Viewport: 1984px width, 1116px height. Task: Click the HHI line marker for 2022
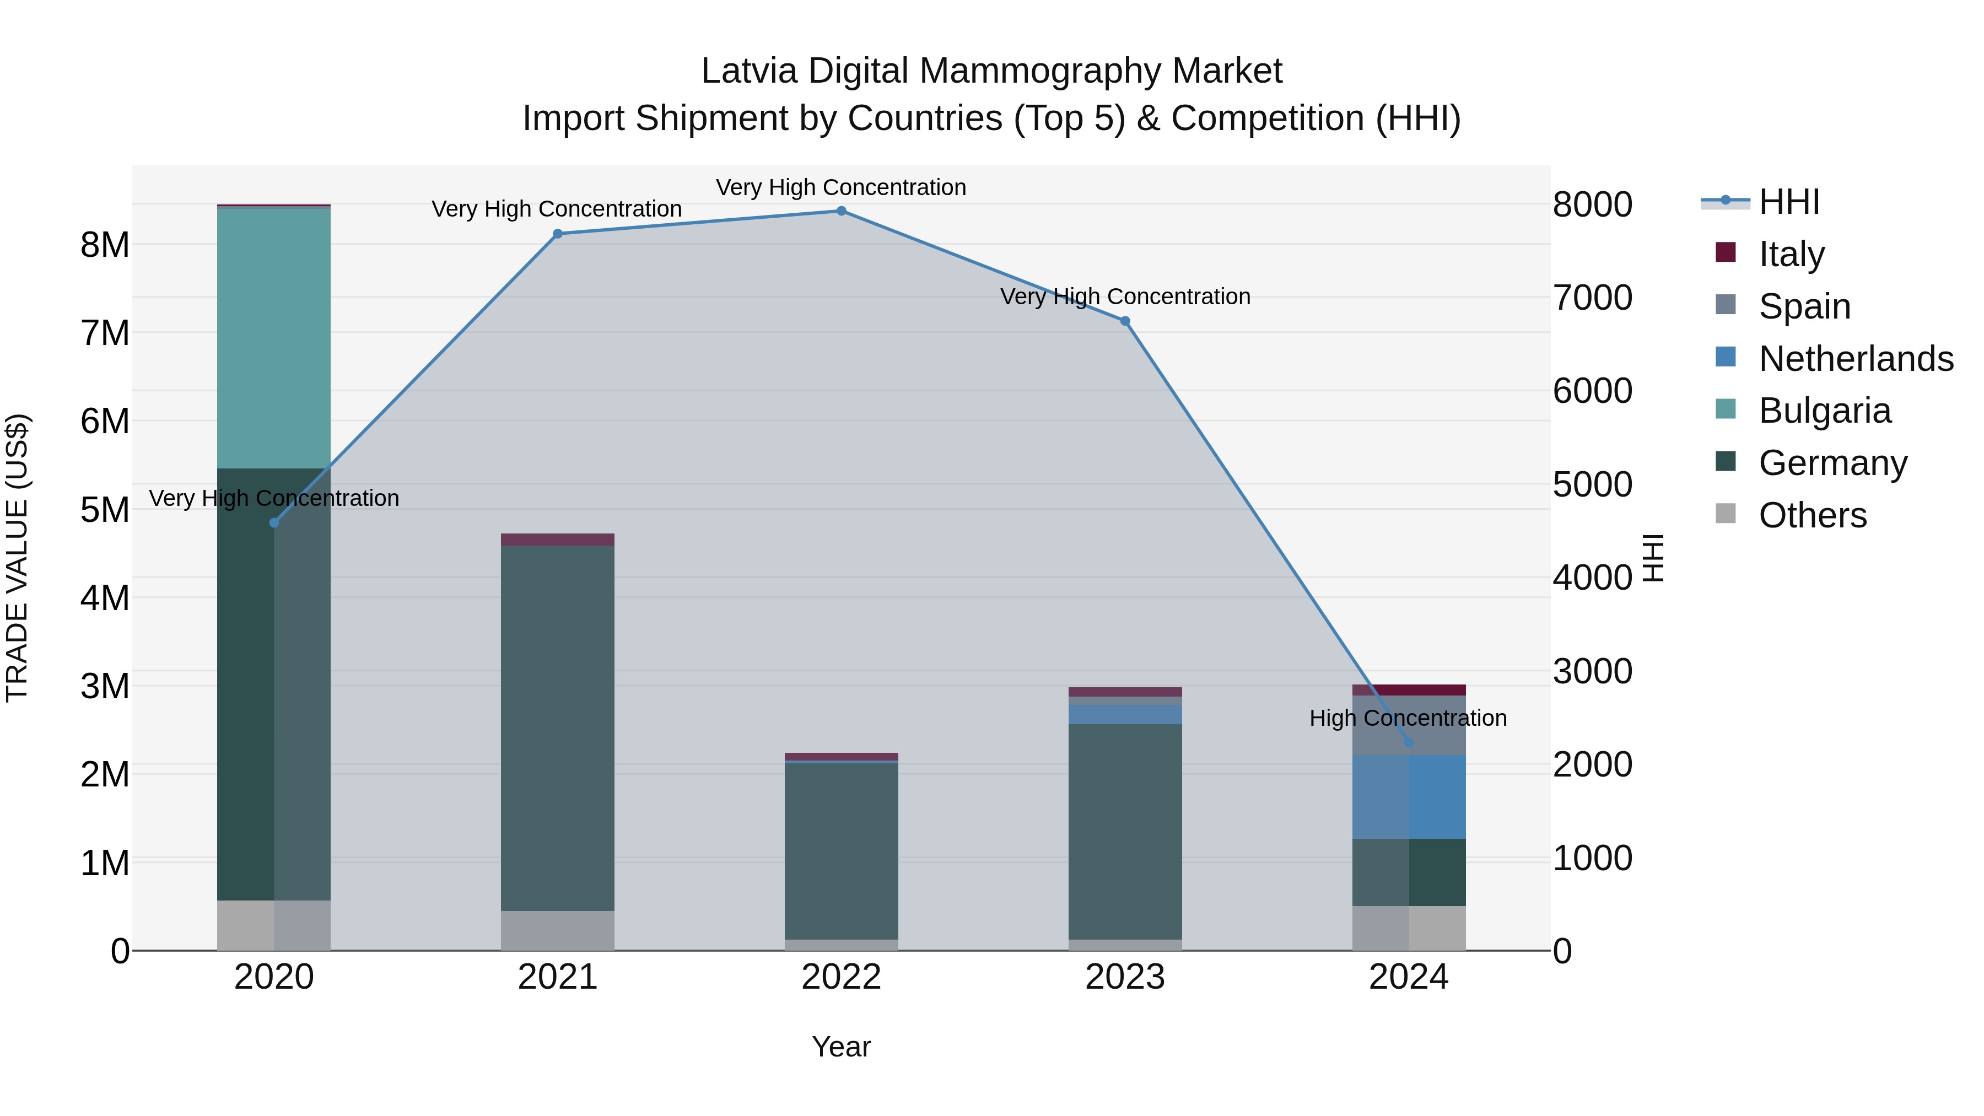(x=841, y=211)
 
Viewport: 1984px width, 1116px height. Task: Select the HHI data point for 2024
(x=1409, y=742)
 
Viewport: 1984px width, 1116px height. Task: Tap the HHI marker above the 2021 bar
(x=558, y=234)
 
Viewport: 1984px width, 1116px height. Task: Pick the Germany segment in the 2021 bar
(x=558, y=728)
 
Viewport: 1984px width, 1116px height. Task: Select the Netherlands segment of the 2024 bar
(x=1409, y=797)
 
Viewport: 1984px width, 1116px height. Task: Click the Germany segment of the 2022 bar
(x=841, y=851)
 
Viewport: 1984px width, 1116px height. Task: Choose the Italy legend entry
(x=1792, y=254)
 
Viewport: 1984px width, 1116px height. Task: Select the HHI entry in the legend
(x=1788, y=202)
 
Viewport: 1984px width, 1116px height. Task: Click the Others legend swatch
(x=1726, y=514)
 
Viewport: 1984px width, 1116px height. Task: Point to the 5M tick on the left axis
(x=105, y=510)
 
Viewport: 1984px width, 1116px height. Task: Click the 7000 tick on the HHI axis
(x=1591, y=298)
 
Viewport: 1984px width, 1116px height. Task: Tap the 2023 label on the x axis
(x=1124, y=977)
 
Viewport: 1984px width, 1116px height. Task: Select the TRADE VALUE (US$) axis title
(x=17, y=558)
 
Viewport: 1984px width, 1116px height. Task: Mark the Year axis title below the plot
(x=841, y=1047)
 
